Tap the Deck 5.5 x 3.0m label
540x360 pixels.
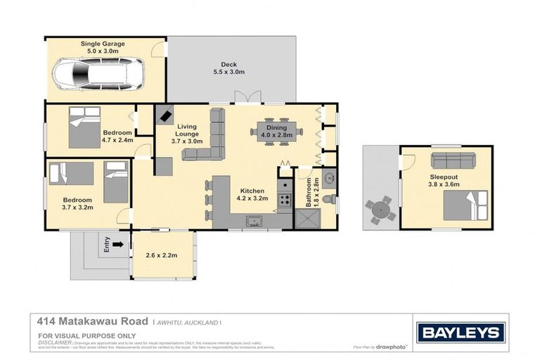229,67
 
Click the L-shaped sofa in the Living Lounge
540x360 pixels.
207,138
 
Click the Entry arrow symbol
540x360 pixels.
117,245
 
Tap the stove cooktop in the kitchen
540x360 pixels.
285,200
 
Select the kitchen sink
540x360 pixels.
254,222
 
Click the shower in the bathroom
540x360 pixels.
307,219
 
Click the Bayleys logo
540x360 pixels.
460,332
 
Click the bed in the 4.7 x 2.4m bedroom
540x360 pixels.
84,127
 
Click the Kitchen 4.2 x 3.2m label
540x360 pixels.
252,195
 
